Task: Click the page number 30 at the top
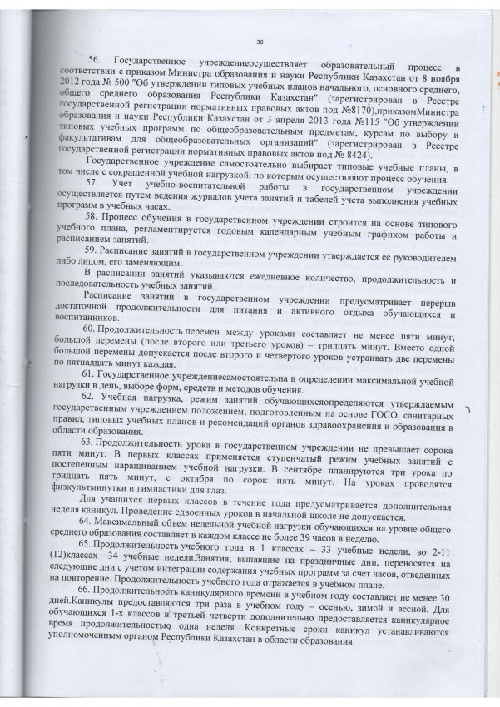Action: [260, 41]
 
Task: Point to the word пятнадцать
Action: [87, 363]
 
